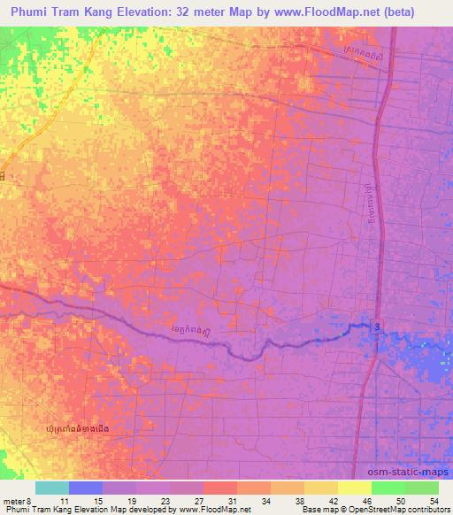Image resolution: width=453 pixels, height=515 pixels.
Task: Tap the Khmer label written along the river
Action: coord(192,333)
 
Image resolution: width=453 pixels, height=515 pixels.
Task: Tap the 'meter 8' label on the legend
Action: coord(18,500)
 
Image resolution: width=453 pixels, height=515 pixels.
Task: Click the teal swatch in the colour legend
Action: coord(52,488)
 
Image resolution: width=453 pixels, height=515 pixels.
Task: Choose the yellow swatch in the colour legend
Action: coord(355,488)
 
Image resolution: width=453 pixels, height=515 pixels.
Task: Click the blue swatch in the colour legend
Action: coord(86,488)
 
